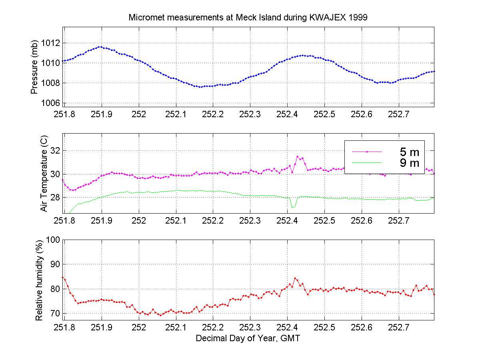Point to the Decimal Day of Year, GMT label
[248, 338]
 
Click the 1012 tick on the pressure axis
[51, 43]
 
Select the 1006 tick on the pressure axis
[51, 103]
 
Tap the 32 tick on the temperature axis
[55, 151]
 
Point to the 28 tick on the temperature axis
[55, 198]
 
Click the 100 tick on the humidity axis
[54, 240]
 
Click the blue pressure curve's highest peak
[99, 46]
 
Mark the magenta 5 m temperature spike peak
[297, 156]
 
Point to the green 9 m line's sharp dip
[292, 208]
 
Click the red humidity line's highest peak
[295, 278]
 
